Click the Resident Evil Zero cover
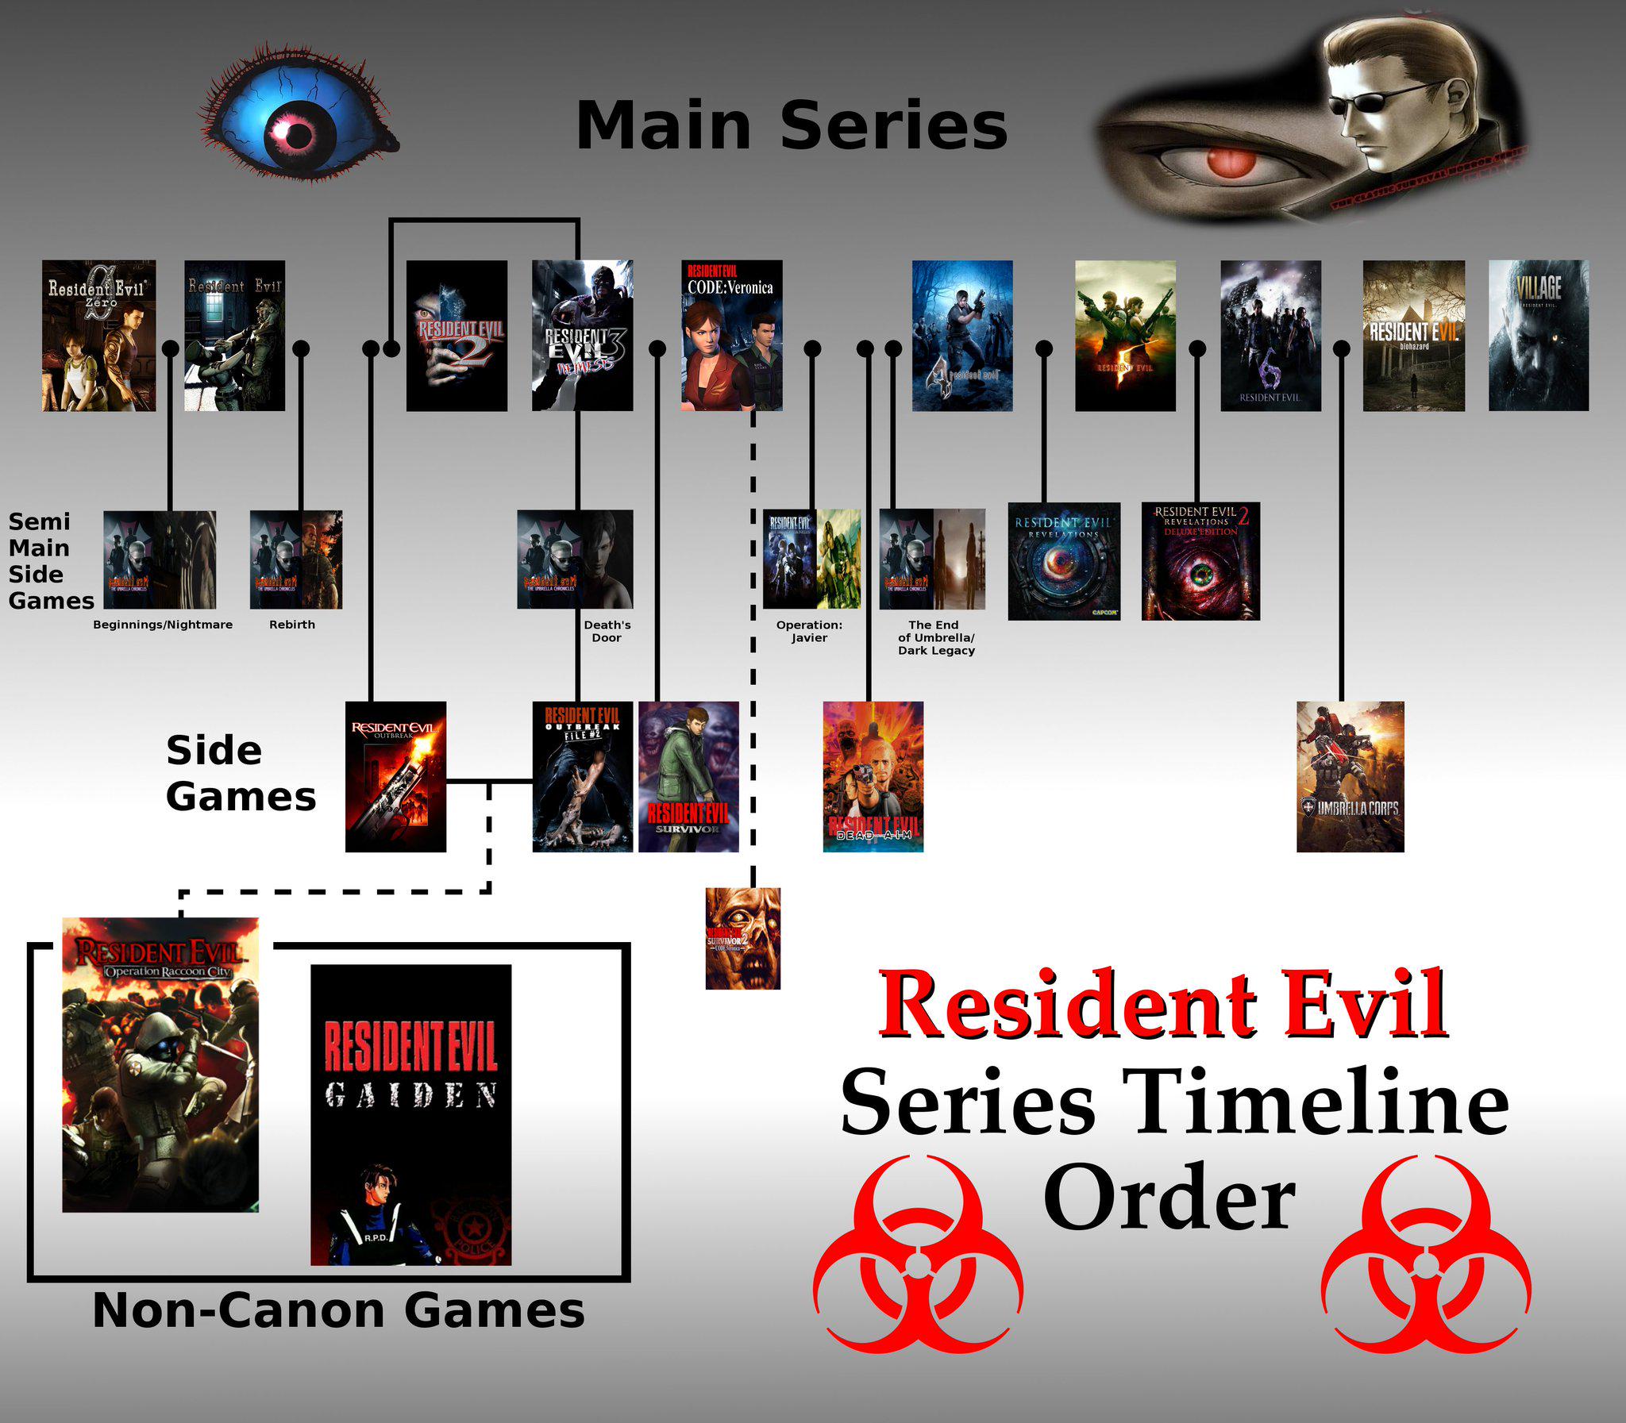click(x=98, y=335)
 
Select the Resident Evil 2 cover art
click(x=457, y=335)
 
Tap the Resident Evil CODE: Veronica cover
click(x=731, y=335)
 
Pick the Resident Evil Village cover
click(x=1538, y=335)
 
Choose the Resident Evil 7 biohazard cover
click(x=1413, y=335)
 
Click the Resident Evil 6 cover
click(x=1270, y=335)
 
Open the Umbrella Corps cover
click(x=1350, y=776)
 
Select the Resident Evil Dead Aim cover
click(x=873, y=776)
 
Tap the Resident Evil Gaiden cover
click(x=410, y=1114)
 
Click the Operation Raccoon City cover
click(x=160, y=1064)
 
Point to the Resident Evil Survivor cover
click(x=688, y=776)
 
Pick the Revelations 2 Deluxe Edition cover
click(x=1200, y=560)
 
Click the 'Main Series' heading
click(x=791, y=125)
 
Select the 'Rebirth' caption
click(x=291, y=625)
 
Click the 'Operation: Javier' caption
click(x=808, y=631)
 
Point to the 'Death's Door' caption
click(x=607, y=631)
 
